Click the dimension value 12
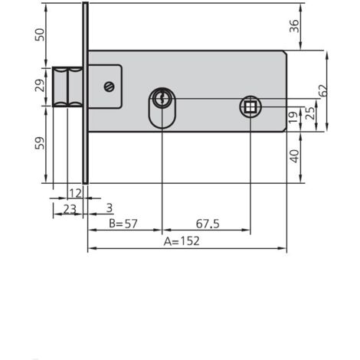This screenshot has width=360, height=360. coord(75,191)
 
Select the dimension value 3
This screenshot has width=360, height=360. coord(110,207)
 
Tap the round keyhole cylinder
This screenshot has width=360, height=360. coord(162,98)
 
